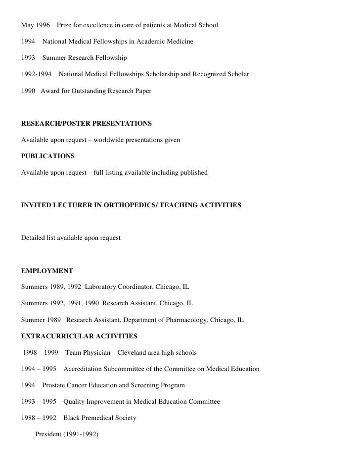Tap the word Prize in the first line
66,24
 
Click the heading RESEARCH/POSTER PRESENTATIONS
87,122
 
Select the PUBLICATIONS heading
48,156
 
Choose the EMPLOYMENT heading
47,271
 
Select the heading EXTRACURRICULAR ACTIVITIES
79,336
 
